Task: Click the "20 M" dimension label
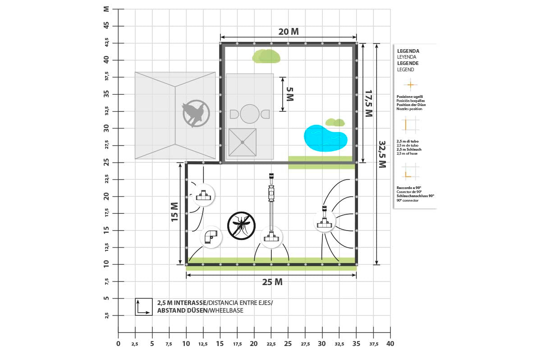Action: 289,32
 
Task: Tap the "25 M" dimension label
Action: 272,282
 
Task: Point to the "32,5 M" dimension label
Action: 382,154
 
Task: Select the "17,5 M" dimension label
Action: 369,103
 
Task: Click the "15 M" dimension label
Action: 174,212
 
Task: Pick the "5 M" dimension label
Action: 290,94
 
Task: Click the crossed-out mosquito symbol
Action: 241,226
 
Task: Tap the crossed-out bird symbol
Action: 196,114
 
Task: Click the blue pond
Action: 325,138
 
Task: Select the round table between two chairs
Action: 249,114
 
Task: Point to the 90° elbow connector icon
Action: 211,236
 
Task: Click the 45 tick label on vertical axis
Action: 106,25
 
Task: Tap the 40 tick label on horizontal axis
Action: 390,344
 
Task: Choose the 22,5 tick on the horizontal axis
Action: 271,344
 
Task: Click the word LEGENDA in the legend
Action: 408,51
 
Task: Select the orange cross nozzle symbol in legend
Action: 410,85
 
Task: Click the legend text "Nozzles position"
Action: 409,109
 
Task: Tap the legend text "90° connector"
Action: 408,200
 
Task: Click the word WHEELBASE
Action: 226,310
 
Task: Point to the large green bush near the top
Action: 266,56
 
